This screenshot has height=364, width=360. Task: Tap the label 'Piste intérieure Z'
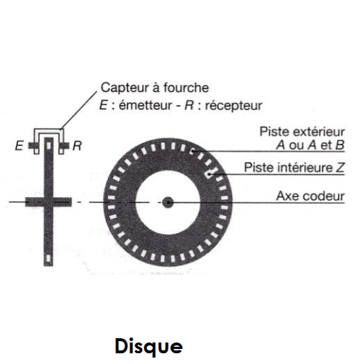click(x=294, y=168)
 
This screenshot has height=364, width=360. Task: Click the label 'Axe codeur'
click(x=310, y=196)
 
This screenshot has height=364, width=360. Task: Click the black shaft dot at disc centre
click(x=167, y=203)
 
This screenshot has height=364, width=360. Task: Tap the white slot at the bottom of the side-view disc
click(x=48, y=256)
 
